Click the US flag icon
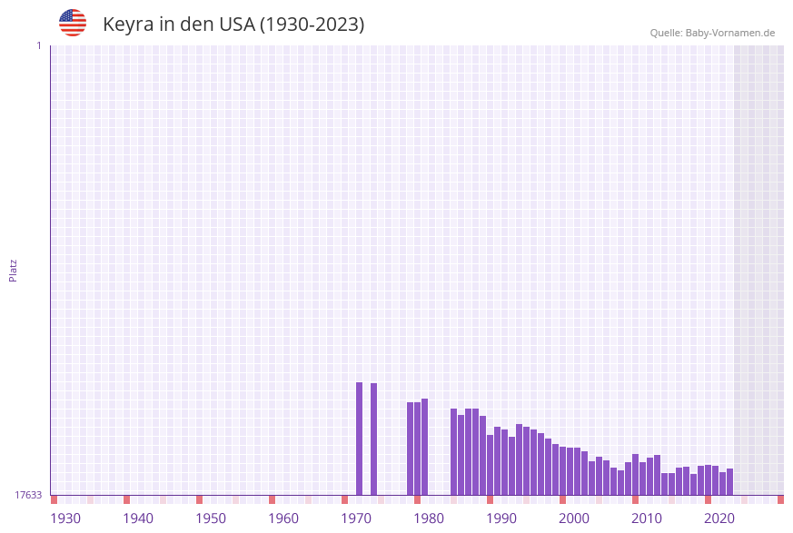pyautogui.click(x=73, y=23)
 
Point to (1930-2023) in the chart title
pyautogui.click(x=312, y=25)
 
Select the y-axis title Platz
pyautogui.click(x=14, y=270)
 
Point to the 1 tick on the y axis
pyautogui.click(x=38, y=45)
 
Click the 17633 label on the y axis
pyautogui.click(x=28, y=495)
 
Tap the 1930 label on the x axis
pyautogui.click(x=65, y=518)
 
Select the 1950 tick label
pyautogui.click(x=211, y=518)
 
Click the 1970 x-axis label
pyautogui.click(x=356, y=518)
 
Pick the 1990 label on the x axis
pyautogui.click(x=501, y=518)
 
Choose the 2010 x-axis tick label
pyautogui.click(x=647, y=518)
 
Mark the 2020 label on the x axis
pyautogui.click(x=719, y=518)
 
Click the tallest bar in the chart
pyautogui.click(x=359, y=439)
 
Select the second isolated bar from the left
pyautogui.click(x=373, y=439)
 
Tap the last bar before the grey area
pyautogui.click(x=729, y=482)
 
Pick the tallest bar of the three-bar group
pyautogui.click(x=424, y=447)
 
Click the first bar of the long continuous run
pyautogui.click(x=453, y=451)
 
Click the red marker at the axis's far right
pyautogui.click(x=780, y=499)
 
